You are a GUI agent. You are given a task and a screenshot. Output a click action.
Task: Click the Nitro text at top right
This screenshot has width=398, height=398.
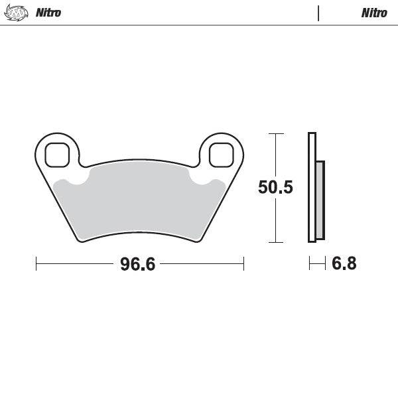(x=373, y=13)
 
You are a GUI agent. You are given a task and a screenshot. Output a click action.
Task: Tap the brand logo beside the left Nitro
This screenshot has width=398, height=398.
(x=16, y=13)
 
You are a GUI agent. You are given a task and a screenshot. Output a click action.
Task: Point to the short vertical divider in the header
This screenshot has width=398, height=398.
(x=318, y=13)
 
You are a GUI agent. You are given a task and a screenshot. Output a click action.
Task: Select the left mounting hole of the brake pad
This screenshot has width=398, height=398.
(x=57, y=155)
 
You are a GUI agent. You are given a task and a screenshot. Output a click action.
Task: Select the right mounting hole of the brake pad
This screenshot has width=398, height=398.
(x=221, y=155)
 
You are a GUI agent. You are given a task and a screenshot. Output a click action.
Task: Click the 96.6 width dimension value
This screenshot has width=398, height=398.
(x=137, y=264)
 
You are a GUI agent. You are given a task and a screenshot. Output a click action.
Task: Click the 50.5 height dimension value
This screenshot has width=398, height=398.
(x=275, y=188)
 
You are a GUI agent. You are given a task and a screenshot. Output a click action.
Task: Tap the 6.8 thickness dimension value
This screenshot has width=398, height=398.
(x=344, y=264)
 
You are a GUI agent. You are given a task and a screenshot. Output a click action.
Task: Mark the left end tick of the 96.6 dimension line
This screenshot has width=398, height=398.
(x=36, y=264)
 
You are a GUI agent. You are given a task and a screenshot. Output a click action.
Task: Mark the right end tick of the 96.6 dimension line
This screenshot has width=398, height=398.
(x=244, y=264)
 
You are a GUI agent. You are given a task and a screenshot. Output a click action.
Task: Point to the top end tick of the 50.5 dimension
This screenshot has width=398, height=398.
(x=275, y=133)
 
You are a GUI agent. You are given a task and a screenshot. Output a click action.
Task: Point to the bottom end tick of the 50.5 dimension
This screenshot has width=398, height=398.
(x=275, y=242)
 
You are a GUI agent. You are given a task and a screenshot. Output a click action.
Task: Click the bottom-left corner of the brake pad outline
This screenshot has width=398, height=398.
(x=81, y=241)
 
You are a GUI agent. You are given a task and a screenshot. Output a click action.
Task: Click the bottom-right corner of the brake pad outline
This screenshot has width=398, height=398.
(x=198, y=241)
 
